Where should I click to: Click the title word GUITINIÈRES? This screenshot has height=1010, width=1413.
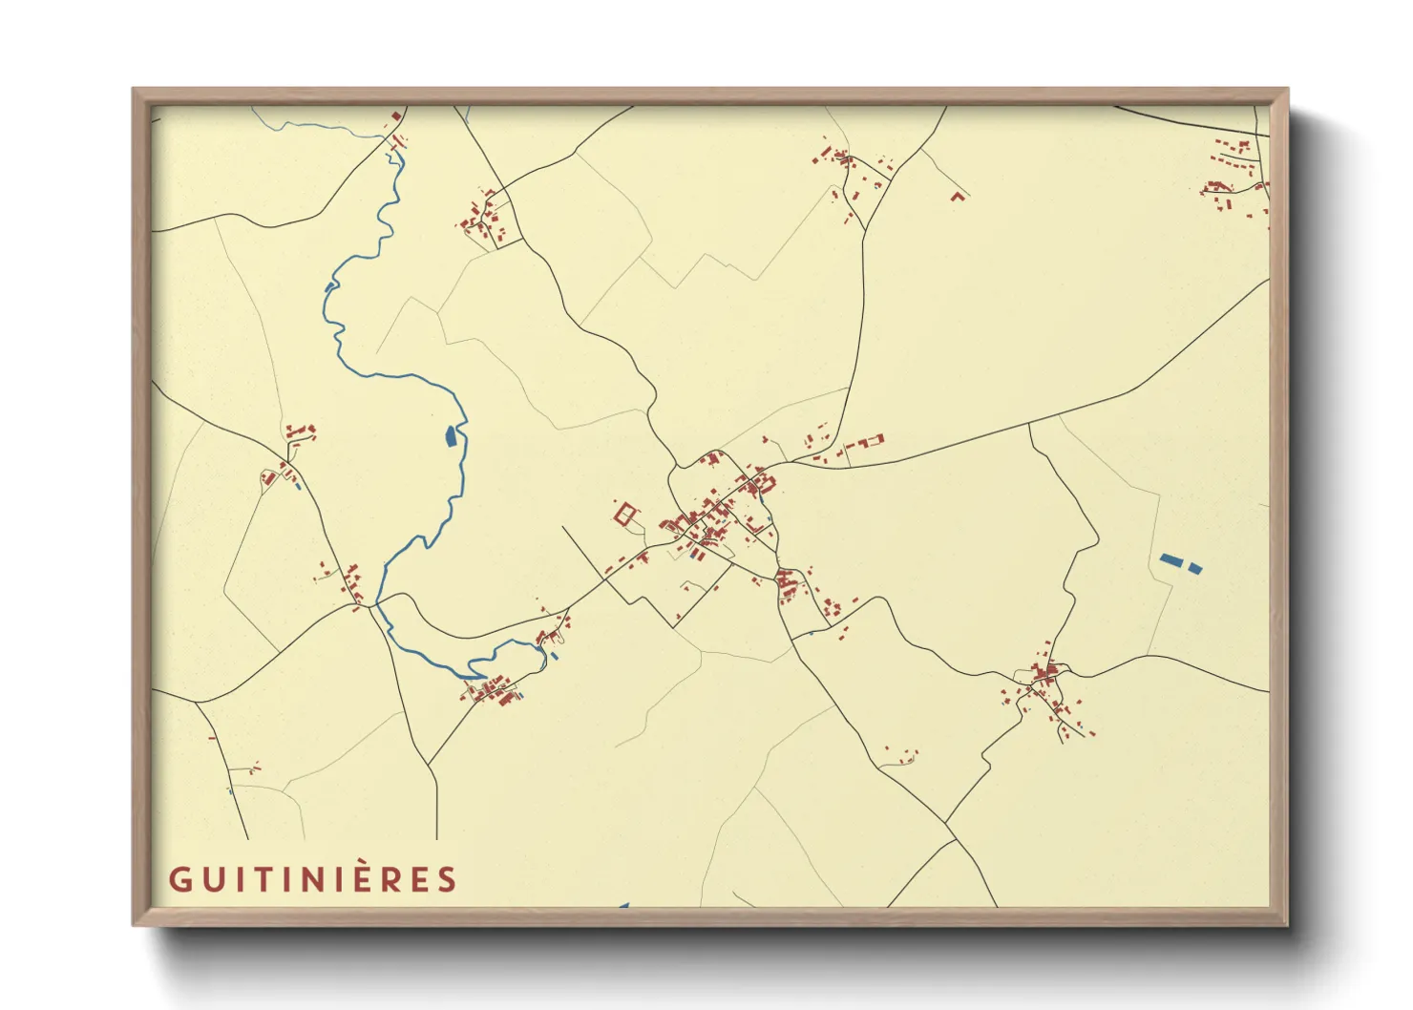pos(313,879)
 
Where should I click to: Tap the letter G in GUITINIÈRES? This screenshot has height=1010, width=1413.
pos(179,879)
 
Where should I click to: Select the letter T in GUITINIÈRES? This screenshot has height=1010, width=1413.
pos(259,879)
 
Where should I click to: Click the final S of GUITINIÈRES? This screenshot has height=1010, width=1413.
pos(447,879)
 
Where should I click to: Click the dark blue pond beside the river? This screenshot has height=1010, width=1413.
pos(451,436)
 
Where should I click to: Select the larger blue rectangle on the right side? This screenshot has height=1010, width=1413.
pos(1170,560)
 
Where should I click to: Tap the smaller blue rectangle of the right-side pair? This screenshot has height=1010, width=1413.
pos(1194,568)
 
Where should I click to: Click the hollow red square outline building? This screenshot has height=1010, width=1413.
pos(625,515)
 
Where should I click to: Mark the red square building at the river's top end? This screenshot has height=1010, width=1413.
pos(396,116)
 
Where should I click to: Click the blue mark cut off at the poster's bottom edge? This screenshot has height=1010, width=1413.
pos(623,905)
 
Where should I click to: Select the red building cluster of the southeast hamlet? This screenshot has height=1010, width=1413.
pos(1045,676)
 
